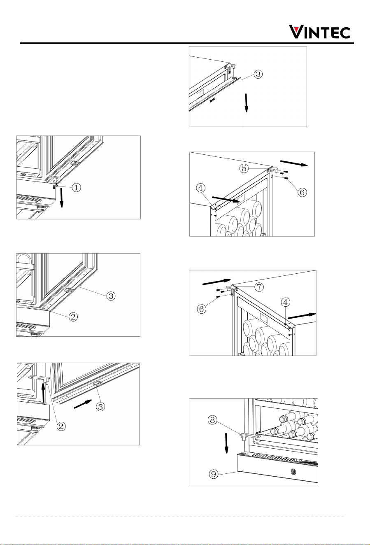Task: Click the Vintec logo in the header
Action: pos(319,32)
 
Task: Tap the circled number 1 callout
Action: pos(77,187)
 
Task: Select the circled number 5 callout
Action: pos(244,168)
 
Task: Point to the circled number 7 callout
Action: pos(260,287)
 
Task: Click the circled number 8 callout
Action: pos(212,420)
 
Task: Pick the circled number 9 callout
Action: pos(213,474)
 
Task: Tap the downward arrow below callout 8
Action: pos(226,443)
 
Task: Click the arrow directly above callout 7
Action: pos(216,282)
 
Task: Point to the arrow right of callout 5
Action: pos(294,163)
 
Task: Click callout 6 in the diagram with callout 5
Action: pos(302,192)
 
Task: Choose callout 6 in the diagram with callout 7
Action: pos(201,309)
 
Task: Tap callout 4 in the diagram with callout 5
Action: pos(201,188)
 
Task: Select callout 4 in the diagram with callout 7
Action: pos(285,302)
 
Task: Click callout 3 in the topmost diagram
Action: pos(258,74)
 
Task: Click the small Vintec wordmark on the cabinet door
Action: pos(212,99)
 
